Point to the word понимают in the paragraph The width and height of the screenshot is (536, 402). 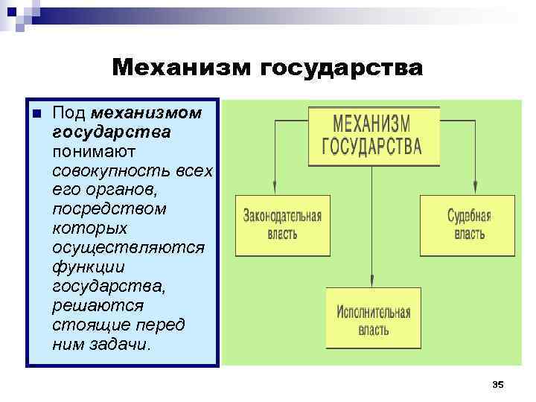pos(94,151)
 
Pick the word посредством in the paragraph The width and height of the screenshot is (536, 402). pos(109,208)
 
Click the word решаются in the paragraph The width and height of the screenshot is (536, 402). pos(98,305)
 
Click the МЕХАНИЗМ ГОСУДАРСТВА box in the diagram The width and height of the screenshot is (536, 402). pos(374,134)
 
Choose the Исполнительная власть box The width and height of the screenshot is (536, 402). pos(373,318)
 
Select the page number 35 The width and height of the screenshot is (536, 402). pos(499,384)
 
